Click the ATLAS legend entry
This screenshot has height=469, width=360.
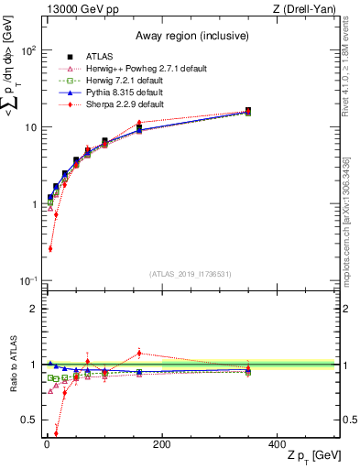tap(99, 57)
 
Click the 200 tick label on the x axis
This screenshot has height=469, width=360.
tap(162, 444)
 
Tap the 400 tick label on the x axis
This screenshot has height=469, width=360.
tap(278, 444)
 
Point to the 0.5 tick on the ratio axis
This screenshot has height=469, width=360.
tap(28, 420)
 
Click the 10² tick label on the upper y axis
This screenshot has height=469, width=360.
tap(27, 50)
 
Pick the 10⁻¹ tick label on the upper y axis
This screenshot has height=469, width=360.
tap(27, 280)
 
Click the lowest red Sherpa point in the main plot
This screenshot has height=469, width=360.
tap(49, 248)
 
